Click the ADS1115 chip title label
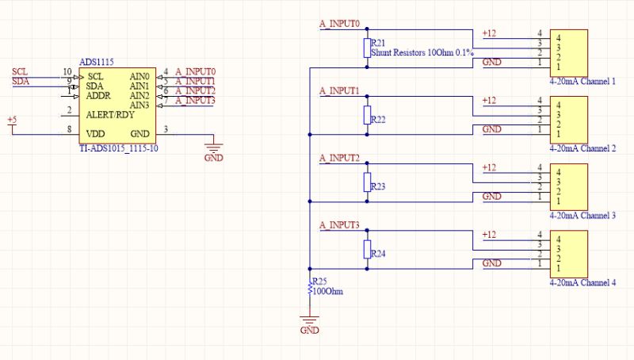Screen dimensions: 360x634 click(97, 62)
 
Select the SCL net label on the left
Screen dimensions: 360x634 click(20, 71)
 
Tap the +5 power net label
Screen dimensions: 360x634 click(12, 120)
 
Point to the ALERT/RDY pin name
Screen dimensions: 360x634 click(110, 115)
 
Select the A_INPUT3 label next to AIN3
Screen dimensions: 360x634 click(194, 100)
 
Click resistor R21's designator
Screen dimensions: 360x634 click(379, 44)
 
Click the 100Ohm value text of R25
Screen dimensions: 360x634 click(328, 291)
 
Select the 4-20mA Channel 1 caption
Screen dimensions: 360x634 click(582, 82)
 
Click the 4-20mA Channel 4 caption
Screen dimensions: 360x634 click(582, 282)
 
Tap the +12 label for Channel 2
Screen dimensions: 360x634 click(489, 100)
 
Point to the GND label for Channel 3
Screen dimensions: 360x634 click(491, 196)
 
